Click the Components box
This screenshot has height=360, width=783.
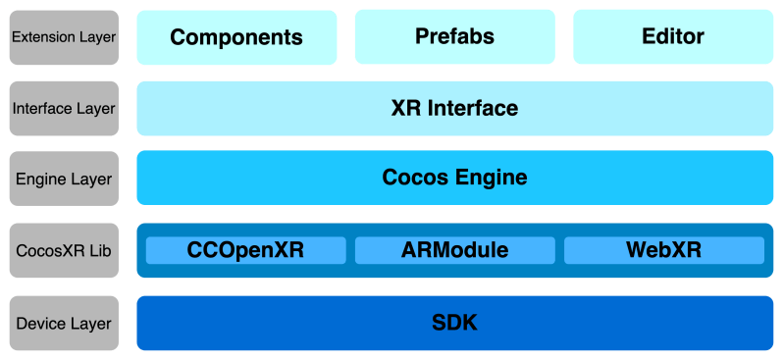pyautogui.click(x=236, y=37)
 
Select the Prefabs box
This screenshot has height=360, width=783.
pyautogui.click(x=454, y=37)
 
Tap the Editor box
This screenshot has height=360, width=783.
pyautogui.click(x=673, y=37)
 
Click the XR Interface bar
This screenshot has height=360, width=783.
pyautogui.click(x=454, y=108)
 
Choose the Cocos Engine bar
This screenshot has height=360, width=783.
pyautogui.click(x=454, y=179)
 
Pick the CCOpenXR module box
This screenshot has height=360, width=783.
pyautogui.click(x=245, y=250)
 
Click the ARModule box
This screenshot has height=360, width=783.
pyautogui.click(x=454, y=250)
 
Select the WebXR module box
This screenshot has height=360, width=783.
pyautogui.click(x=663, y=250)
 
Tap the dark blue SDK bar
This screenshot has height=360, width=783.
pyautogui.click(x=454, y=323)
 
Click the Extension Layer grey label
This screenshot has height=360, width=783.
pyautogui.click(x=63, y=37)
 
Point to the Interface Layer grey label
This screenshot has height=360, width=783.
pyautogui.click(x=63, y=108)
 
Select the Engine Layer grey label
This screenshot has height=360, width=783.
pyautogui.click(x=63, y=179)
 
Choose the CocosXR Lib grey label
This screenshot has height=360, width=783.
pyautogui.click(x=63, y=250)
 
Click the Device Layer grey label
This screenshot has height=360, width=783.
pyautogui.click(x=63, y=323)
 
